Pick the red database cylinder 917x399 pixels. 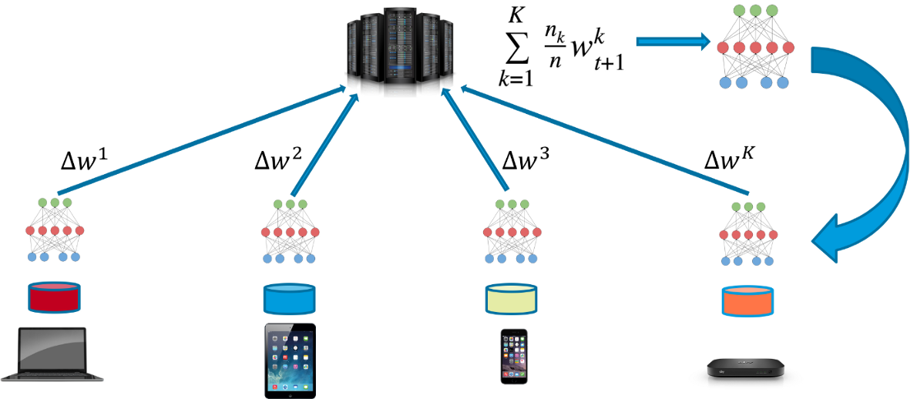pyautogui.click(x=54, y=297)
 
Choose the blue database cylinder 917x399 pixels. pyautogui.click(x=290, y=297)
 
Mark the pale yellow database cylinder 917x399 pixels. pyautogui.click(x=510, y=297)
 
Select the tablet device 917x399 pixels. pyautogui.click(x=290, y=360)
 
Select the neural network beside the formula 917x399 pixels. pyautogui.click(x=754, y=48)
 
